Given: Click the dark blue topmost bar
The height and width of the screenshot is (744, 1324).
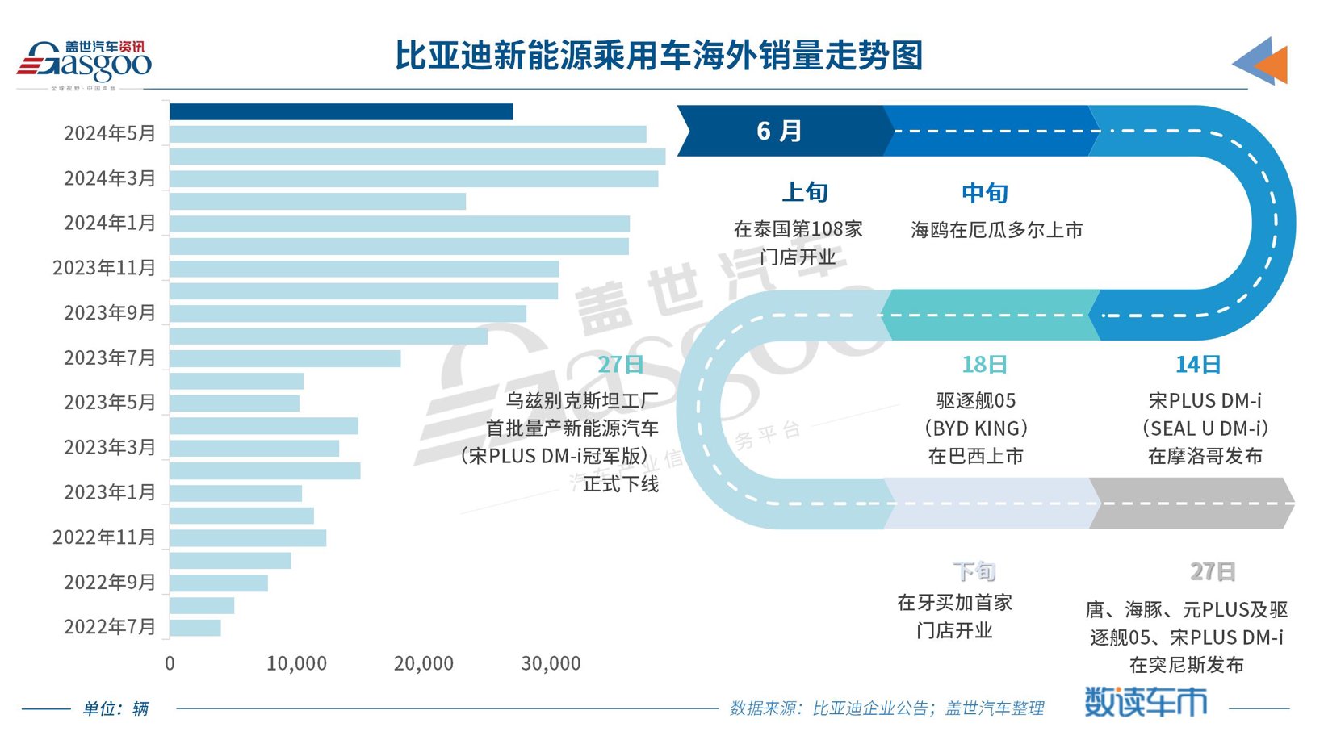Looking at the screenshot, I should coord(341,112).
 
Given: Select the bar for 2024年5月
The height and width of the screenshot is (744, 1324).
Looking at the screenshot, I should coord(408,134).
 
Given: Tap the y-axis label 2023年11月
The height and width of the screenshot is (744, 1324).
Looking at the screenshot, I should coord(104,268).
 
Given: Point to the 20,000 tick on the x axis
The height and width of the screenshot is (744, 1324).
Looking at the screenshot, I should coord(423,664).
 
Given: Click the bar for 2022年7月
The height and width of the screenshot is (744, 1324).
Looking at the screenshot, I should coord(195,628).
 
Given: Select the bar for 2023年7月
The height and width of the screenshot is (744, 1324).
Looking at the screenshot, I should coord(285,358).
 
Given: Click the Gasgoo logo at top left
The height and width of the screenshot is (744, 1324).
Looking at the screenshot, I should coord(84,63).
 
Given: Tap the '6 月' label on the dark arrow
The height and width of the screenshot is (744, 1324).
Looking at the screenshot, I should coord(779,131).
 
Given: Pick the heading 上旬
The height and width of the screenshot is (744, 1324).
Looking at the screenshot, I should coord(805,192).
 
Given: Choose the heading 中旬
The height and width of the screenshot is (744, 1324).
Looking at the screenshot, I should coord(984,193).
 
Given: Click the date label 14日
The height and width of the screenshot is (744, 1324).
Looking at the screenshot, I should coord(1197,365).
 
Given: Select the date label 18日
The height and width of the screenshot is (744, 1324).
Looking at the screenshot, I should coord(984,365).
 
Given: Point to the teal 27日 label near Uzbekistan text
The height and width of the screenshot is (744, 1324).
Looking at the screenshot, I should coord(620,365).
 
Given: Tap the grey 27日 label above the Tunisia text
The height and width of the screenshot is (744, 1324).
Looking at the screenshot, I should coord(1212,571).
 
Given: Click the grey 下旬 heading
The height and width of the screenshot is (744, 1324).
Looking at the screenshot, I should coord(974,571).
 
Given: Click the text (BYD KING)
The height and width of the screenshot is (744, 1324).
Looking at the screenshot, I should coord(975,428).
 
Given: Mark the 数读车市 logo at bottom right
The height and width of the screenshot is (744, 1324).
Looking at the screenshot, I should coord(1145,702).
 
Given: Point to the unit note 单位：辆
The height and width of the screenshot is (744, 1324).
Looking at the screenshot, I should coord(115,709).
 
